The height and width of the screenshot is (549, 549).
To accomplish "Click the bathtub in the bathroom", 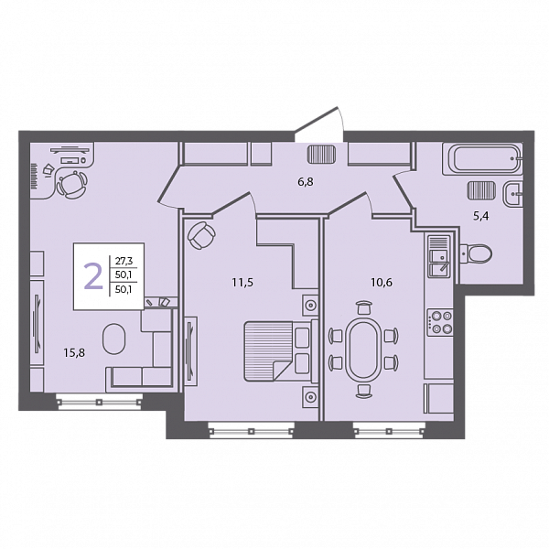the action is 482,158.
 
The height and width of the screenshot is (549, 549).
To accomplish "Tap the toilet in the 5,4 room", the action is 476,253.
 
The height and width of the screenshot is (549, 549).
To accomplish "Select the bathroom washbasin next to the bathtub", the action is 512,193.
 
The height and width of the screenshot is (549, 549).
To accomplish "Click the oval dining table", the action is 362,350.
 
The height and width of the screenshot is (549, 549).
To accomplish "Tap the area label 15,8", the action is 74,353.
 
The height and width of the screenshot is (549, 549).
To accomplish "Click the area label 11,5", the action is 242,282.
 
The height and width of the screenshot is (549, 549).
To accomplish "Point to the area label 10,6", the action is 382,282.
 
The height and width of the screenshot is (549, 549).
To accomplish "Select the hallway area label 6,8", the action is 306,182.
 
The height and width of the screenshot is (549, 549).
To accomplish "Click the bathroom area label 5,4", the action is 481,216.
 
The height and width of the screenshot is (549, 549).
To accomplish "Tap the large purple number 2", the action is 93,276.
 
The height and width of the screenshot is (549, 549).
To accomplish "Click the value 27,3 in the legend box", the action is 124,261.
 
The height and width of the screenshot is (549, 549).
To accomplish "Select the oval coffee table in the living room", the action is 113,339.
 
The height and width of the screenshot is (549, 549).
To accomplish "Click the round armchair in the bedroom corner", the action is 201,235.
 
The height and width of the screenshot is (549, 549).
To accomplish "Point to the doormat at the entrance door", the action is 321,154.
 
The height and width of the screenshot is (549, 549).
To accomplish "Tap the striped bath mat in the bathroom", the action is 481,190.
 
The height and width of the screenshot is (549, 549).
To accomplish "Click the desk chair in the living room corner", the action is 72,184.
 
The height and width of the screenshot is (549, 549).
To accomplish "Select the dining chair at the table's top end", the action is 363,307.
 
